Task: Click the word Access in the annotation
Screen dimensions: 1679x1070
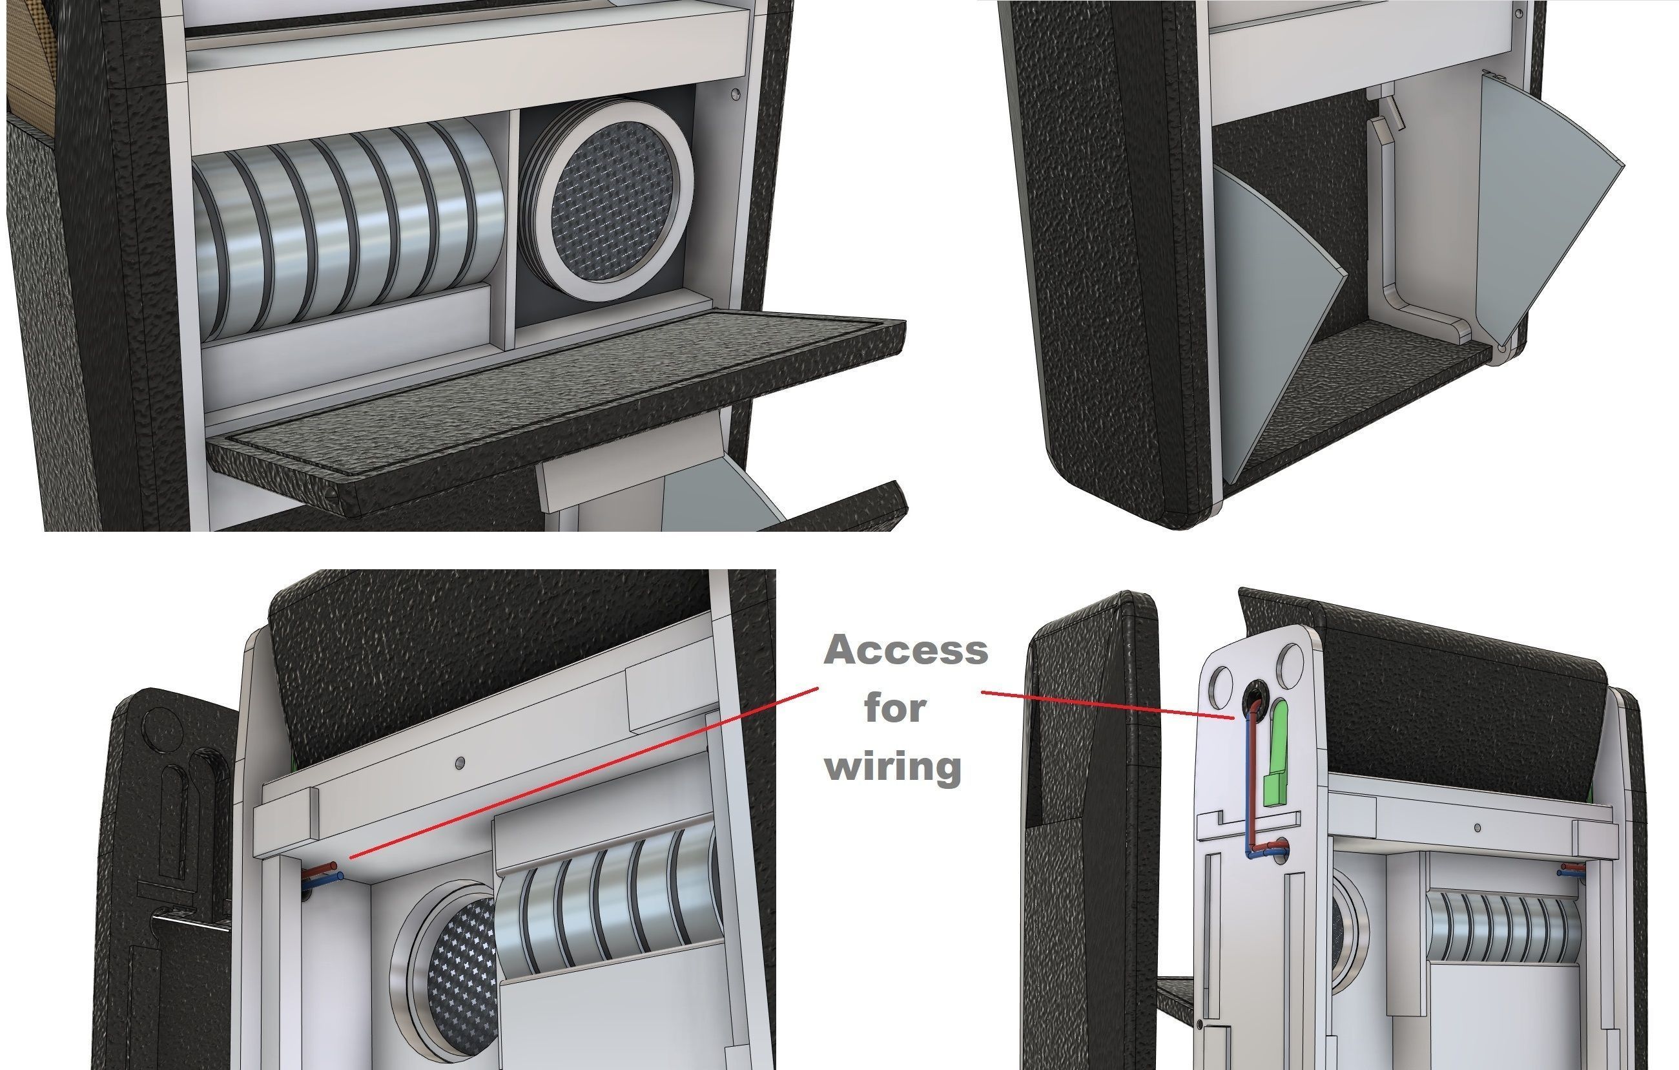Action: point(906,650)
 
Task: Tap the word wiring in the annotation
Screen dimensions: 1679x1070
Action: point(893,766)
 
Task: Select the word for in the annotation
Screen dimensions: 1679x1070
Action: point(895,709)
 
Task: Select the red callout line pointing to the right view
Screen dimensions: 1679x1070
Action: point(1108,704)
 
